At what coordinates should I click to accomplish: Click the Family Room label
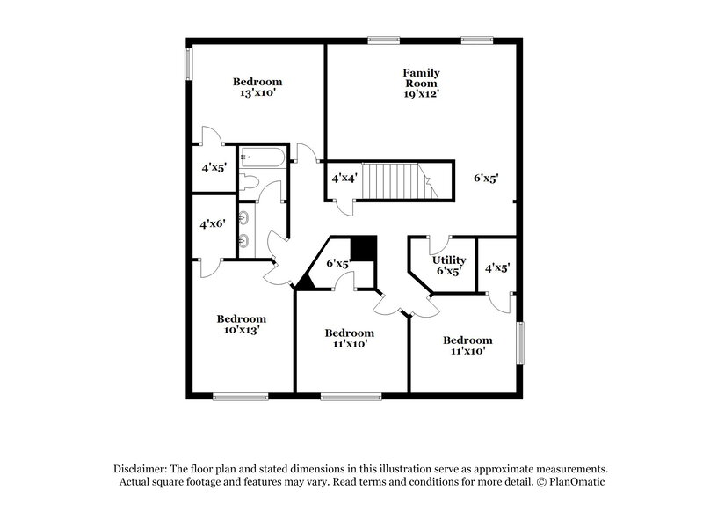(421, 77)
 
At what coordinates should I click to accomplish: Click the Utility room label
(448, 260)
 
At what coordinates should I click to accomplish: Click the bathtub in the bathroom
(263, 159)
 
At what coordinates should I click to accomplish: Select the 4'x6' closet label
(212, 224)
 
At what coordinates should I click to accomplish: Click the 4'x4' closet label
(344, 179)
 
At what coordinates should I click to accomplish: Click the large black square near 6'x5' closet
(362, 247)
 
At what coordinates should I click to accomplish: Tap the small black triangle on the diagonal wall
(305, 282)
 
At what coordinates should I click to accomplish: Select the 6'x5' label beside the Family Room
(486, 179)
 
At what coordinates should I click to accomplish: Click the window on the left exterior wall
(188, 63)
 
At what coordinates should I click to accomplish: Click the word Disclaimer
(141, 469)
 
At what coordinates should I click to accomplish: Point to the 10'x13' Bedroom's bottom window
(241, 396)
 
